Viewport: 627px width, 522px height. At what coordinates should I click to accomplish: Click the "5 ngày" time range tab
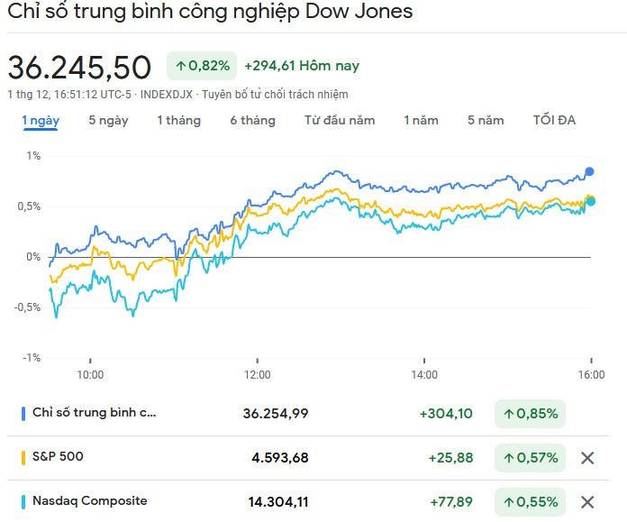coord(108,120)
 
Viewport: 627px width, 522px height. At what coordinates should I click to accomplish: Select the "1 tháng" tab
coord(178,120)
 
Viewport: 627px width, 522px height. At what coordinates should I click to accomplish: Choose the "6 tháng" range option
coord(252,120)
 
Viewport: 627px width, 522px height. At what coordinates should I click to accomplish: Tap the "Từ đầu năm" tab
coord(340,120)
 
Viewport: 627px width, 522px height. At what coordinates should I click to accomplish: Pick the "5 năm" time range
coord(486,120)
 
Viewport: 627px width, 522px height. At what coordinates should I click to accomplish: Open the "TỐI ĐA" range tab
coord(554,120)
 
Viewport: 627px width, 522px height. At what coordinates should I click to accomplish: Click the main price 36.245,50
coord(79,68)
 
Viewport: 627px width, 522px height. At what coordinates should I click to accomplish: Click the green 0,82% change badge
coord(202,66)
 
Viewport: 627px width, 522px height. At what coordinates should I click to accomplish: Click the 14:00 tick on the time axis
coord(424,374)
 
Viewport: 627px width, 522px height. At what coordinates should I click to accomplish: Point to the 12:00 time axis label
coord(257,374)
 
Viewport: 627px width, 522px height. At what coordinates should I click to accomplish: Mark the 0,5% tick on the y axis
coord(32,206)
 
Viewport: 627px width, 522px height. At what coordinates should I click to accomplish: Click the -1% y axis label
coord(32,358)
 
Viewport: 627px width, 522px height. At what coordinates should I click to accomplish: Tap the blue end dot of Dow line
coord(590,171)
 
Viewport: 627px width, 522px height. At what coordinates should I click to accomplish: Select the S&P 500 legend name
coord(58,456)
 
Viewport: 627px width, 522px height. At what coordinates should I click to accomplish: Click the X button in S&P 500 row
coord(587,458)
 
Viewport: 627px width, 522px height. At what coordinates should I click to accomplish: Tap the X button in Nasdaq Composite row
coord(587,502)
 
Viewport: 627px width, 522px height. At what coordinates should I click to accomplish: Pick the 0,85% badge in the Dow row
coord(530,414)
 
